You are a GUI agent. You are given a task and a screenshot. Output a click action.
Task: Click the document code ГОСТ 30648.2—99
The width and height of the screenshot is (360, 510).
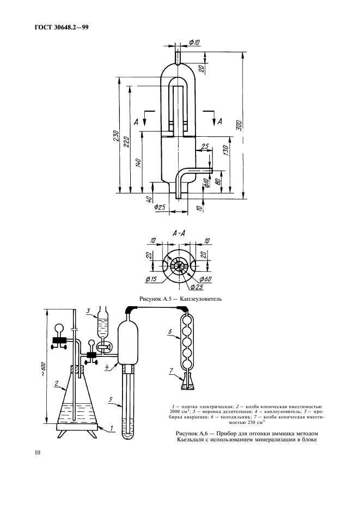[x=62, y=28]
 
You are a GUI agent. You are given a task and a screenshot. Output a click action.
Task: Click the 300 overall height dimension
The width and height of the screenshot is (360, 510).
[x=239, y=125]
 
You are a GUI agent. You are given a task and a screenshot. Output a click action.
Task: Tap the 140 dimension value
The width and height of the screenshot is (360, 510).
[x=138, y=163]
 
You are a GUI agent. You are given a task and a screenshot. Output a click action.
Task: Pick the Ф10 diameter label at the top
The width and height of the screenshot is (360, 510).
[x=194, y=42]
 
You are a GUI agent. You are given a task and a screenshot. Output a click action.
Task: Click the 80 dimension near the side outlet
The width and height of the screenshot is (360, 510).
[x=218, y=180]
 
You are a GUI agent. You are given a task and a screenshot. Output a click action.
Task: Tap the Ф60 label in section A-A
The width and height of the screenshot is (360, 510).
[x=205, y=279]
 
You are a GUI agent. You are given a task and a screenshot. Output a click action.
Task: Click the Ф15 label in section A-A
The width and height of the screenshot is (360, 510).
[x=150, y=280]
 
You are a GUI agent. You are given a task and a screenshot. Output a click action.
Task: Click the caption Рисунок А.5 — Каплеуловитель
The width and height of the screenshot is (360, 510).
[x=180, y=299]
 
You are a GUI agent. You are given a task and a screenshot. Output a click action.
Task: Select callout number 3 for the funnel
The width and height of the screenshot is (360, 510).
[x=88, y=311]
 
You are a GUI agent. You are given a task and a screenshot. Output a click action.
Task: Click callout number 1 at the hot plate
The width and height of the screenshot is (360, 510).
[x=112, y=429]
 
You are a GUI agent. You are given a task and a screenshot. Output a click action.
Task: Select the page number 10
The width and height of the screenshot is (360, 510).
[x=37, y=452]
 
